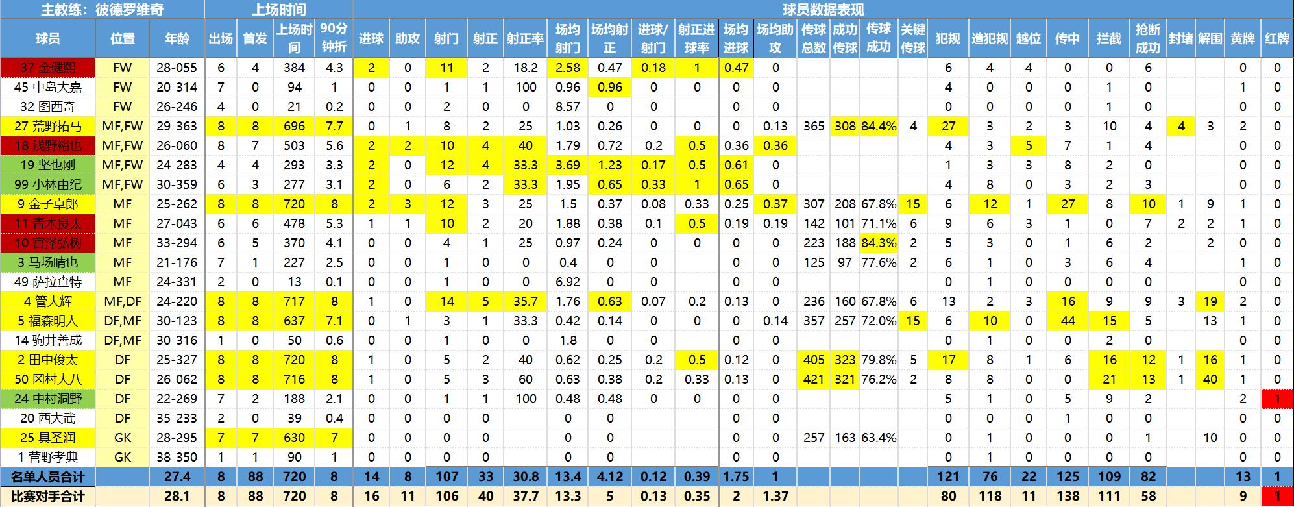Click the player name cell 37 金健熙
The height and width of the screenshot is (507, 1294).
click(x=47, y=68)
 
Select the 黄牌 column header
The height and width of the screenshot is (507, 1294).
click(x=1243, y=38)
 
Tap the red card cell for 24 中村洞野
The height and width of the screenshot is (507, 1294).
click(x=1277, y=399)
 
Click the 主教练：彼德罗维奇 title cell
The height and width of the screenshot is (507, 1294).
click(x=102, y=10)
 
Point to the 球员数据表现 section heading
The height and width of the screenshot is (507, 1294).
click(x=823, y=10)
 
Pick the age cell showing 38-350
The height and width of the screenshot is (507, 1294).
click(x=177, y=457)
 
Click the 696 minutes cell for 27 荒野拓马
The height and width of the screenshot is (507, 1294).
click(x=294, y=126)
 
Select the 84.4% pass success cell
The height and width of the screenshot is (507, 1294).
click(x=878, y=126)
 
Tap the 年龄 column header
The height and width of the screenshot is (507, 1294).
click(x=177, y=38)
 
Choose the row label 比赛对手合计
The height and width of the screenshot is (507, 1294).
click(x=47, y=497)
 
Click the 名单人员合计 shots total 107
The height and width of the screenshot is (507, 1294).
click(x=446, y=476)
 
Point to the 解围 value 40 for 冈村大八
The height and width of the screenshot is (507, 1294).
click(x=1210, y=379)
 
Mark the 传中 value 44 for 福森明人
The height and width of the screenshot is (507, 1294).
click(x=1068, y=321)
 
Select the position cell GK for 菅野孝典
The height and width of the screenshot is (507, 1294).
click(x=122, y=457)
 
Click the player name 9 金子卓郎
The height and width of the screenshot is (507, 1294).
click(x=47, y=204)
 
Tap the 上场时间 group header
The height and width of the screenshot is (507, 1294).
click(x=278, y=10)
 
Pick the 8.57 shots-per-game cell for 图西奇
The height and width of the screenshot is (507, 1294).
click(x=568, y=106)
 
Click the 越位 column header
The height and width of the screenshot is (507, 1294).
click(x=1029, y=38)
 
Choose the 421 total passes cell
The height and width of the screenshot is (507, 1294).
click(x=814, y=379)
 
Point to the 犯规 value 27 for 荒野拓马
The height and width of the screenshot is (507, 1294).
click(x=948, y=126)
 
